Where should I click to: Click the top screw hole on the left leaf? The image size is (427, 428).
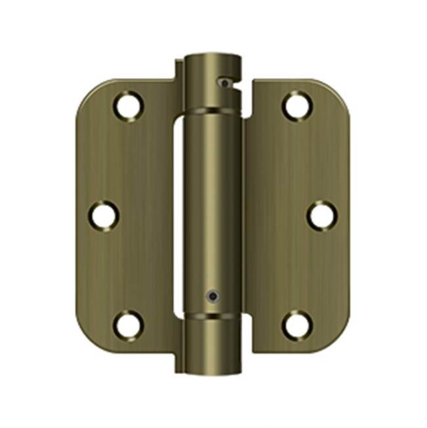click(x=128, y=104)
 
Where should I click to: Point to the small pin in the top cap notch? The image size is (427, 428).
click(x=224, y=81)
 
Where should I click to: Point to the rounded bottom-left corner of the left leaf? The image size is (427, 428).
click(x=88, y=338)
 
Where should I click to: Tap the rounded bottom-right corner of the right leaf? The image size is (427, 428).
click(x=338, y=338)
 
